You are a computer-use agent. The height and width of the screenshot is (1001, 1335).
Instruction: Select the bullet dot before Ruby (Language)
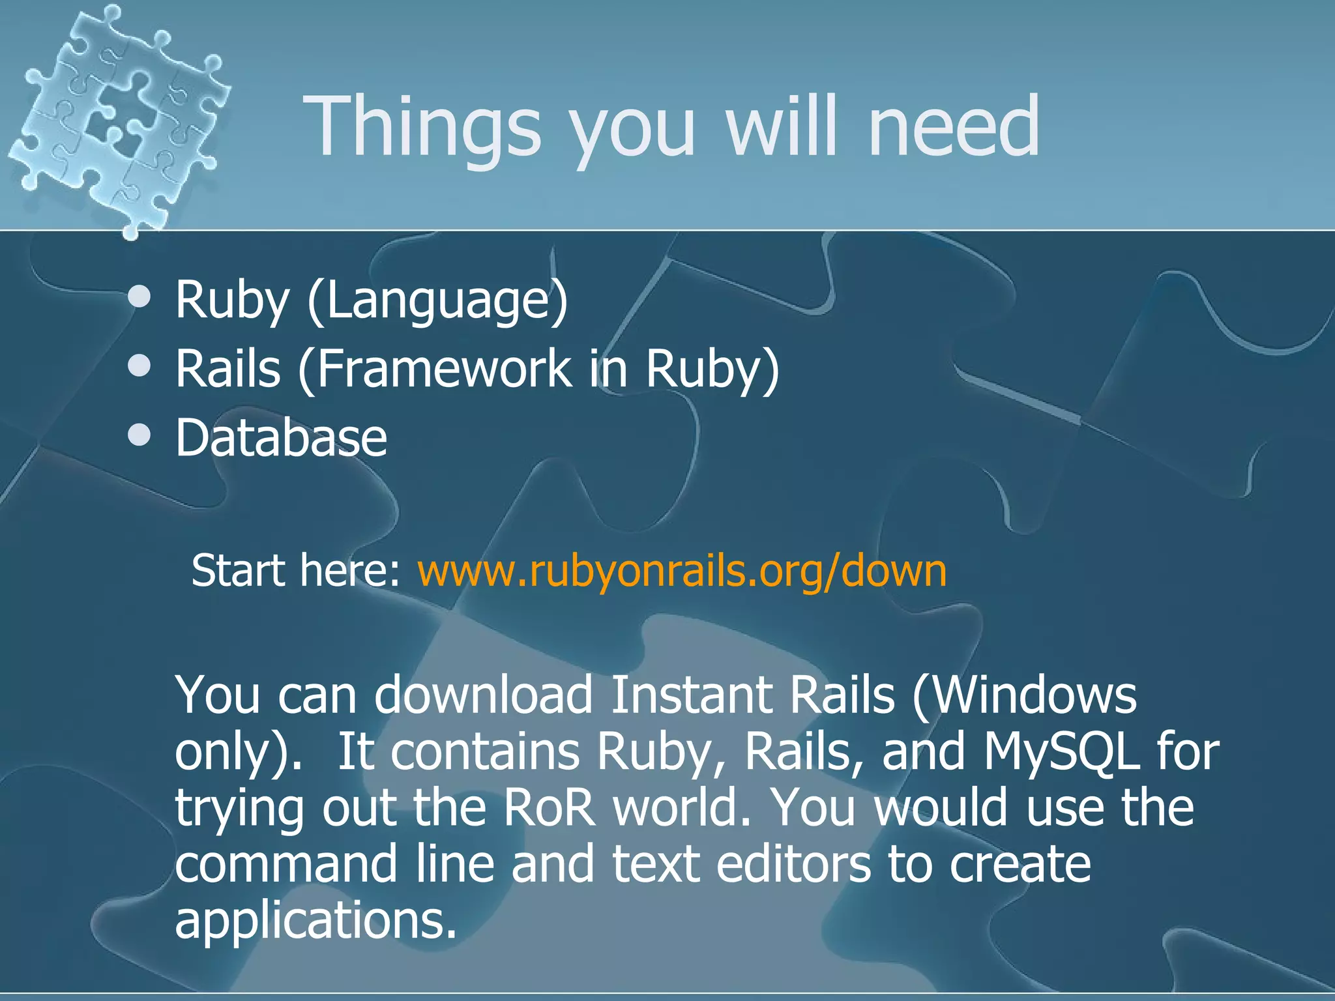pyautogui.click(x=139, y=298)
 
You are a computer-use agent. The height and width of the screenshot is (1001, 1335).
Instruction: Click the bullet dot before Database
pyautogui.click(x=139, y=435)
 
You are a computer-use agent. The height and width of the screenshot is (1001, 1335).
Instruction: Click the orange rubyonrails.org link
pyautogui.click(x=682, y=571)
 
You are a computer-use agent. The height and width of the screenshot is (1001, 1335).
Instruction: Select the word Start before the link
pyautogui.click(x=238, y=571)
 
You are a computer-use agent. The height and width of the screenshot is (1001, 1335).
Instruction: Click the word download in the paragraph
pyautogui.click(x=483, y=695)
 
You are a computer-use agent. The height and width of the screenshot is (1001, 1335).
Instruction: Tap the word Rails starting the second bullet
pyautogui.click(x=228, y=369)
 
